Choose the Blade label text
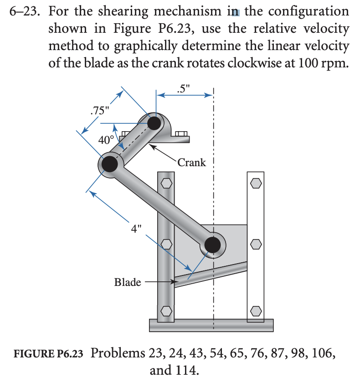click(x=127, y=282)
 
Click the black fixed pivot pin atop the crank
click(x=154, y=122)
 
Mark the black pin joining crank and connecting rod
click(x=109, y=164)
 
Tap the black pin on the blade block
click(x=212, y=245)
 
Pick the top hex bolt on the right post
click(x=256, y=183)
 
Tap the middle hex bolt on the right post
click(x=256, y=245)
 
